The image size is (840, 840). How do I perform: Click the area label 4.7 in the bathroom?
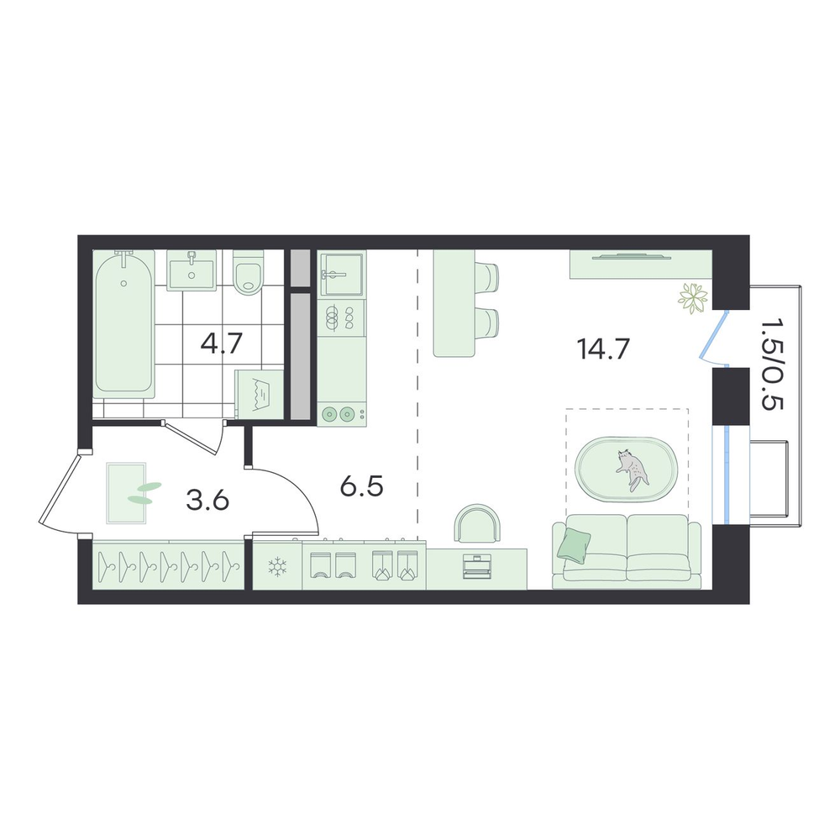222,344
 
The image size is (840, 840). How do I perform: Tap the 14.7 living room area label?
602,349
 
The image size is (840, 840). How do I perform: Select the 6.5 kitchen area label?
361,486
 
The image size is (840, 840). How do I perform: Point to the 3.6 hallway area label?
207,501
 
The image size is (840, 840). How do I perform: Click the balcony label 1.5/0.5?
772,365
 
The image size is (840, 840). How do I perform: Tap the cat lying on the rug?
633,470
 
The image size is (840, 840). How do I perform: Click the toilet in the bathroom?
247,272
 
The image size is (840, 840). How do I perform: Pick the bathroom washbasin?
192,270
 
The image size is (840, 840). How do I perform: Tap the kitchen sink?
341,275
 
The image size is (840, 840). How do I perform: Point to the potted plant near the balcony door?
693,298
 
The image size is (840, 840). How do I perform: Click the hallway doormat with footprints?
127,493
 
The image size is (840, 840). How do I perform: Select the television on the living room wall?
632,256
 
